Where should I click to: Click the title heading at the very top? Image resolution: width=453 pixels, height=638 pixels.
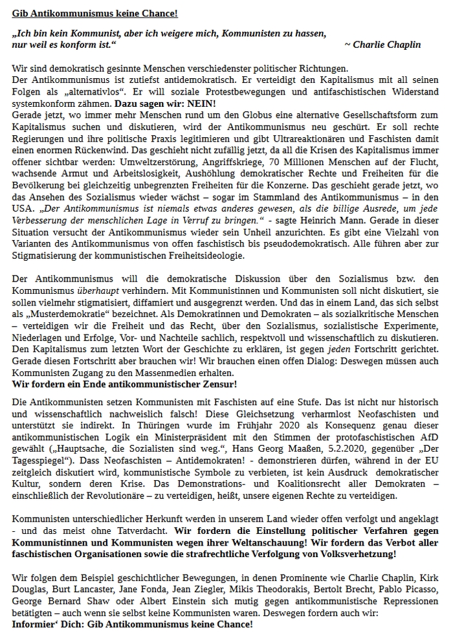[95, 14]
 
